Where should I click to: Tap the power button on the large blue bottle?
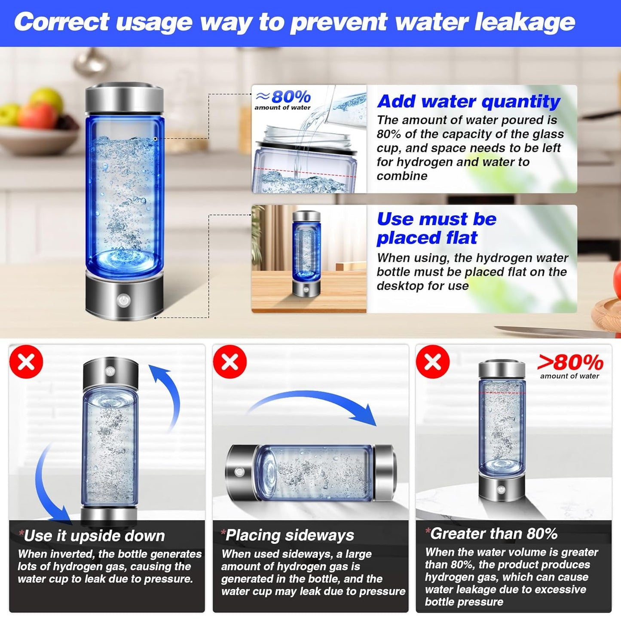pos(124,300)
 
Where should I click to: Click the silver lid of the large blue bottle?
pos(124,99)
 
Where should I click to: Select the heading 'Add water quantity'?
pos(468,101)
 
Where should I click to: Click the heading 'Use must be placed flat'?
pos(436,228)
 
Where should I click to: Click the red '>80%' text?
pos(570,363)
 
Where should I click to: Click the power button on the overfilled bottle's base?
pos(501,490)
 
